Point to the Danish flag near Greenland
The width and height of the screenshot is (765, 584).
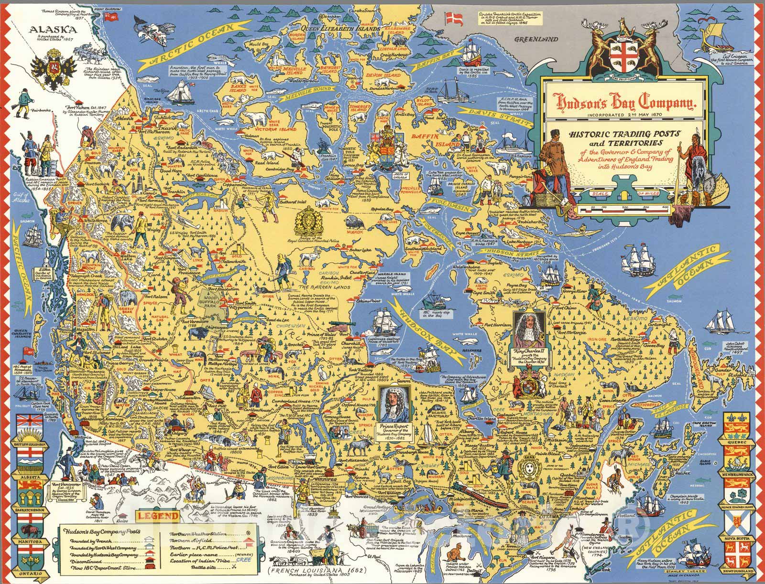tap(451, 19)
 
